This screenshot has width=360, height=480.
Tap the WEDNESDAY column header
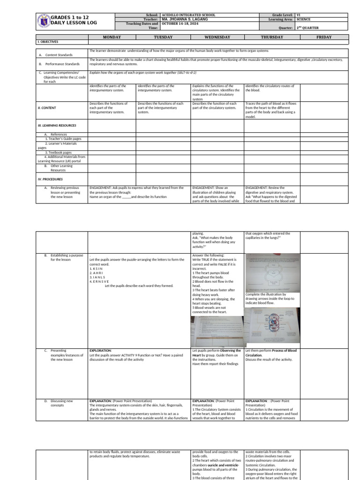217,37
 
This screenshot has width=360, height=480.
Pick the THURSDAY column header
271,37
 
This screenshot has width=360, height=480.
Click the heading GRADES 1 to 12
70,17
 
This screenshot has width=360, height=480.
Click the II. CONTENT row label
47,108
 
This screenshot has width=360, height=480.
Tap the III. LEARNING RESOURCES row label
57,125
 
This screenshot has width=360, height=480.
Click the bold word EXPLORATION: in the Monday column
100,350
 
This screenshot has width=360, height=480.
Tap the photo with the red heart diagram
273,326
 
